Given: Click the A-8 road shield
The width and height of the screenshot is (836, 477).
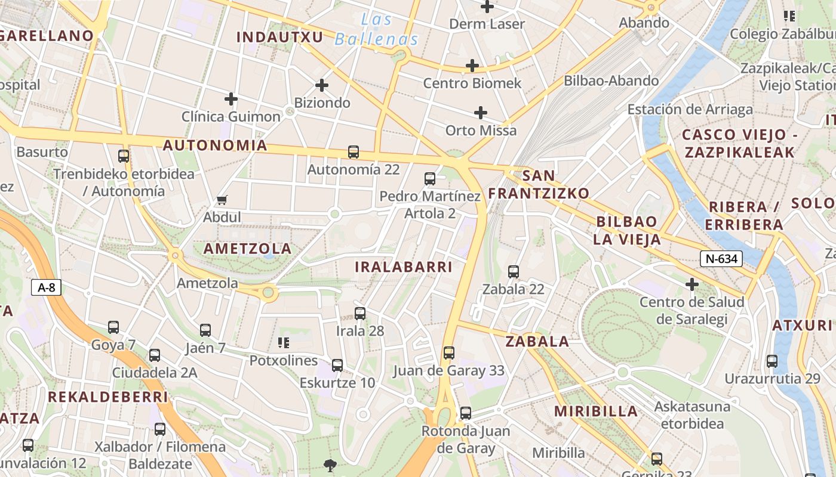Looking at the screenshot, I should coord(47,287).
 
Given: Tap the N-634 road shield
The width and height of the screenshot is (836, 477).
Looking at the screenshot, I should coord(721,258).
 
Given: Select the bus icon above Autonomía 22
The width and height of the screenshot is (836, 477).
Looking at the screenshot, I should coord(354,152).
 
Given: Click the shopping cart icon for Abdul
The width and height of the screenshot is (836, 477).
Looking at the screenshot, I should coord(222,200).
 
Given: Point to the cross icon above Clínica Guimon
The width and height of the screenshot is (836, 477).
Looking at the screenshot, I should coord(231,99).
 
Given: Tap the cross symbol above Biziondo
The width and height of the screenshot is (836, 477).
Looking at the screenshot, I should coord(322,85).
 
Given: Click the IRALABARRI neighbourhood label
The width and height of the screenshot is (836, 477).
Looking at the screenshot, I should coord(404,267).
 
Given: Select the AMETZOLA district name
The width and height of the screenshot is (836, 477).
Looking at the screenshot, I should coord(248,249).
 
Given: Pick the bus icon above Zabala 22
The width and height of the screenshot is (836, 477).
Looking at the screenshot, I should coord(514,272).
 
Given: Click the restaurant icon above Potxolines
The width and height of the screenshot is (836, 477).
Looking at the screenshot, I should coord(284,343).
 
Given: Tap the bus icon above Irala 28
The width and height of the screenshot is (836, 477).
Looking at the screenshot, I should coord(360,313).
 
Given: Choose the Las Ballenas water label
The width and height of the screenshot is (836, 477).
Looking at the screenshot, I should coord(376,30).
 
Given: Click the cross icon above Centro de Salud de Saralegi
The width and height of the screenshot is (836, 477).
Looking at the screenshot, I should coord(692,284).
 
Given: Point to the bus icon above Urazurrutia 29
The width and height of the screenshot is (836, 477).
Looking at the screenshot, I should coord(772,361).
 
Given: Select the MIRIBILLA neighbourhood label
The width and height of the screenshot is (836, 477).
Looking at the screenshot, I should coord(596,411).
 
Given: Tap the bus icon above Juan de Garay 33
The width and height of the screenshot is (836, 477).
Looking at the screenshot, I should coord(449,353).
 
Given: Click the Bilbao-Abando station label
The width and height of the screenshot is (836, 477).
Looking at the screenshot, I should coord(611,80).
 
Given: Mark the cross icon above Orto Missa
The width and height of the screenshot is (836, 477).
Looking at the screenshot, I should coord(481,113).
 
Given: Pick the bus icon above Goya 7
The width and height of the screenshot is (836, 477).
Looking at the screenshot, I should coord(113,327).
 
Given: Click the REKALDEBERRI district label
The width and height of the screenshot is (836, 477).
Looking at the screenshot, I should coord(108,397).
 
